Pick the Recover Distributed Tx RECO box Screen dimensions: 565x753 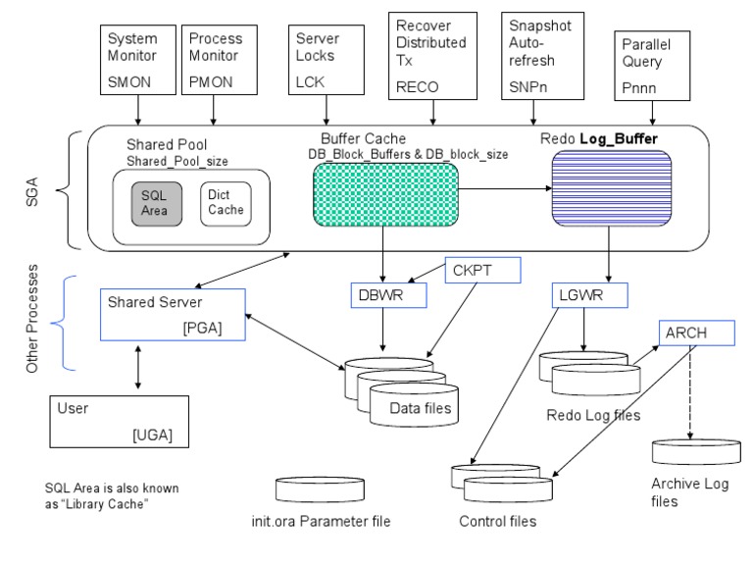432,54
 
